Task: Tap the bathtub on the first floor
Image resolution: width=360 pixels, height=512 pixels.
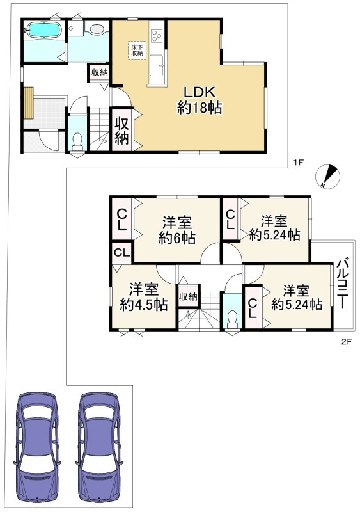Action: [43, 30]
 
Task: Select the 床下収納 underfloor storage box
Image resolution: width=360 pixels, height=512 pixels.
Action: [137, 51]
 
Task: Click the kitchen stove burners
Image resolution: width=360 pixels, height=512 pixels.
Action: [157, 36]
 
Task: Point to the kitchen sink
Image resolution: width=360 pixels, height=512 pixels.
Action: [157, 65]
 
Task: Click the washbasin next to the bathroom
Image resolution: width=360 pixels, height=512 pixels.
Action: [97, 29]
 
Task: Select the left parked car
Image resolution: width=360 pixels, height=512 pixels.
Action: [37, 449]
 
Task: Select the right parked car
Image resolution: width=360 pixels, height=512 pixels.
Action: [99, 449]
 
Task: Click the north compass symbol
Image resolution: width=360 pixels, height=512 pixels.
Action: [327, 177]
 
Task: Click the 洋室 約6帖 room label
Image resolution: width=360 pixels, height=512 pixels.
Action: [177, 230]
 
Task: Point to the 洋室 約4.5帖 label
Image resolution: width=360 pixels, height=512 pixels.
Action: [144, 296]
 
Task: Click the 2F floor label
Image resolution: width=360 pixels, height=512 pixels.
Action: [346, 342]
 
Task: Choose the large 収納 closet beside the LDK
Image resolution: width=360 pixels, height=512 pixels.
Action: [121, 130]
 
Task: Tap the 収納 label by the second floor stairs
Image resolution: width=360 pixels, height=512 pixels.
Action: [188, 296]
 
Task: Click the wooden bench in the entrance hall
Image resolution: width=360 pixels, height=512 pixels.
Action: [29, 103]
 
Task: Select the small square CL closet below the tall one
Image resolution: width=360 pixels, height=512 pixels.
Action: [121, 252]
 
